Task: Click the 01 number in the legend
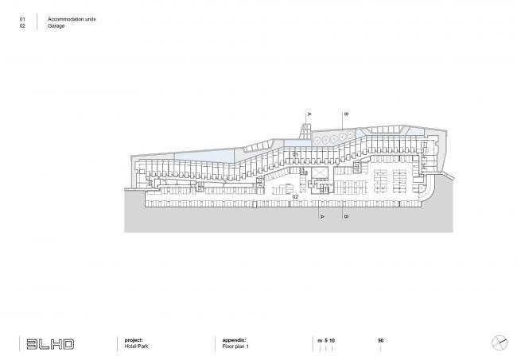(x=22, y=19)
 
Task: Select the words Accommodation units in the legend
(x=72, y=19)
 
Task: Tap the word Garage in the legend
(x=56, y=25)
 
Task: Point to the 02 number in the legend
(x=22, y=25)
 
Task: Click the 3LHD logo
(x=50, y=344)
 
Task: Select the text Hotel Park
(x=136, y=346)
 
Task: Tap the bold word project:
(x=134, y=340)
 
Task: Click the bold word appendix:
(x=234, y=340)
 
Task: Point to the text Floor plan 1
(x=235, y=346)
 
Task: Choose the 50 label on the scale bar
(x=381, y=341)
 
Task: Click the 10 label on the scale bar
(x=332, y=341)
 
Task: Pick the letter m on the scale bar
(x=320, y=341)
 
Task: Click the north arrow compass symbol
(x=500, y=343)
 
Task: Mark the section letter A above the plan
(x=309, y=114)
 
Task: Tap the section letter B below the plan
(x=346, y=216)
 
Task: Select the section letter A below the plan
(x=322, y=216)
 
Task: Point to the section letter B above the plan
(x=346, y=114)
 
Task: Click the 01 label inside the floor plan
(x=295, y=154)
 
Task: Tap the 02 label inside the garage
(x=295, y=196)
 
